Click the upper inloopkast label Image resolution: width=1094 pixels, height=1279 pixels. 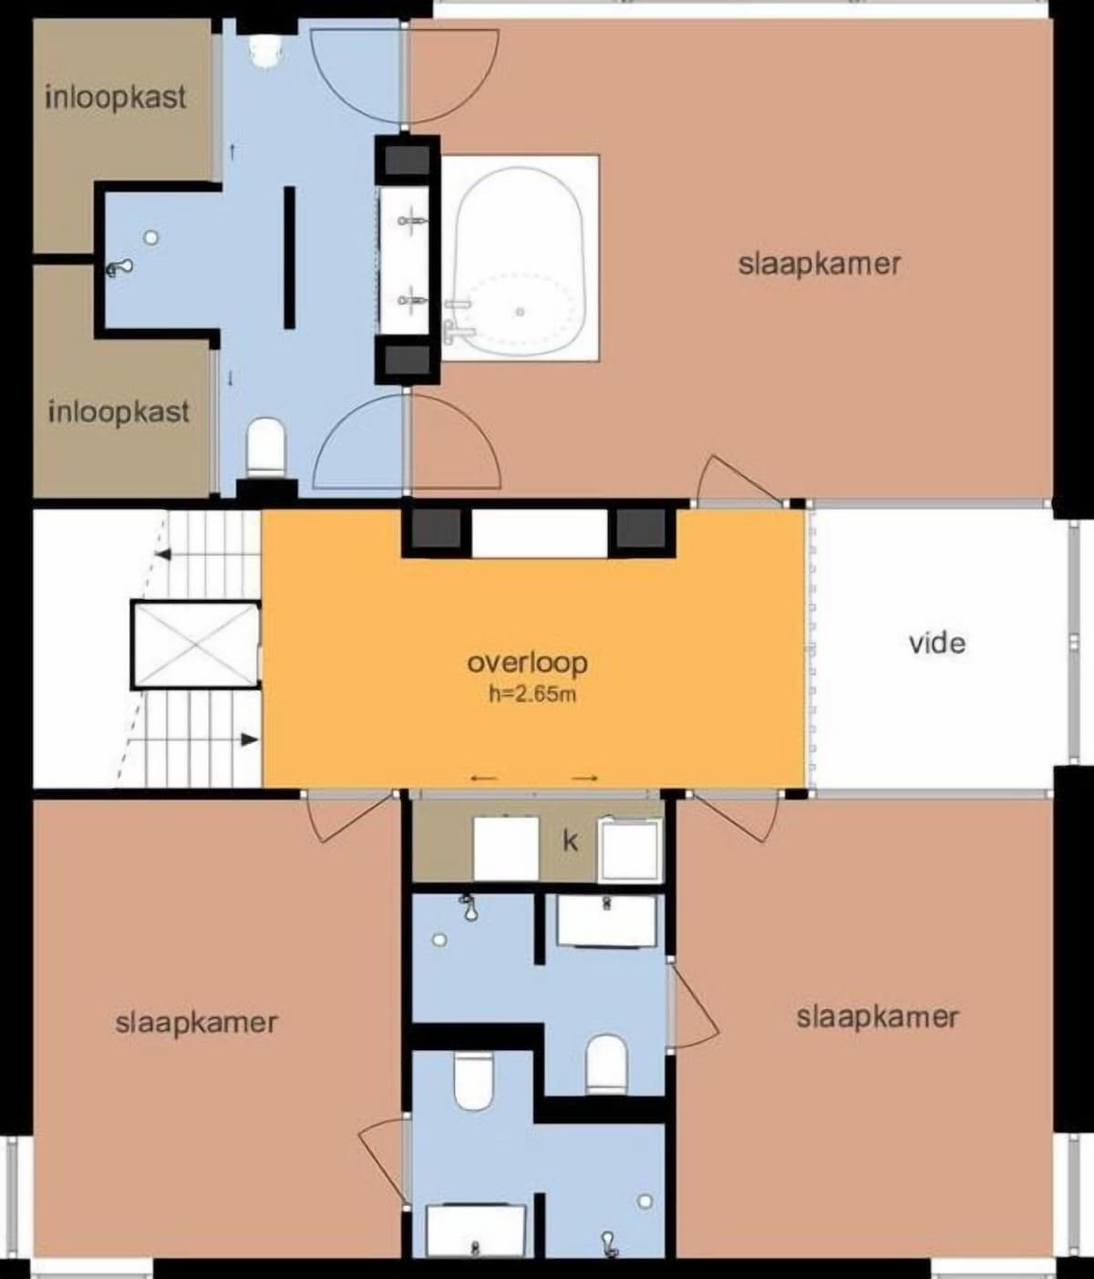[116, 98]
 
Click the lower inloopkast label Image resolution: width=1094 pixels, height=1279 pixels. [119, 413]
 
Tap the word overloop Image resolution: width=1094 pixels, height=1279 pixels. [527, 664]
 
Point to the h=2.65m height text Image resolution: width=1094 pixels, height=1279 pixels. [532, 695]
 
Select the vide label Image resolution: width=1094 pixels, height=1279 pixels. [937, 644]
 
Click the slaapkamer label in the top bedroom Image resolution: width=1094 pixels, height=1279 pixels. [820, 265]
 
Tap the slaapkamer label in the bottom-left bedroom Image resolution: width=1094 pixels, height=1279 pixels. [197, 1023]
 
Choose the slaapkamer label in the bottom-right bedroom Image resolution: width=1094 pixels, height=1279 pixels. [877, 1017]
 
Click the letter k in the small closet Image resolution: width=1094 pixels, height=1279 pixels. [570, 841]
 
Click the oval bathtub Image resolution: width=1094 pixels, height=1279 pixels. [520, 257]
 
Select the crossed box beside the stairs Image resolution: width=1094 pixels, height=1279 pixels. [195, 645]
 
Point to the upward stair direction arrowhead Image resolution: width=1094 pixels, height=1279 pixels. [164, 553]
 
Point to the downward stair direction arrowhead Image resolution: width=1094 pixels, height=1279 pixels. [250, 739]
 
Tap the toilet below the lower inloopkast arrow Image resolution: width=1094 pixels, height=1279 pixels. [266, 446]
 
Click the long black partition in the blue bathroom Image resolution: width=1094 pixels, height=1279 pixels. [289, 257]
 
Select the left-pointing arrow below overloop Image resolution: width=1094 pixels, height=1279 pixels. [483, 779]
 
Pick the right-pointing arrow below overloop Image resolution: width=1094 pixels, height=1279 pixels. [584, 779]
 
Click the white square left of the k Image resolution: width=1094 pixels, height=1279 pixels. [506, 849]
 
